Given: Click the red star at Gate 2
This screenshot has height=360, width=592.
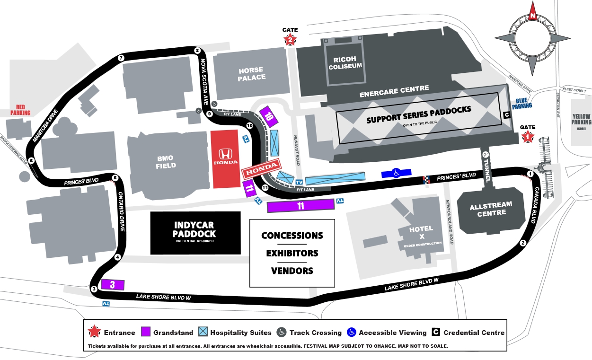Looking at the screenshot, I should click(290, 40).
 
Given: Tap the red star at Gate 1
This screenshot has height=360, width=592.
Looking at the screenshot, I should click(528, 137).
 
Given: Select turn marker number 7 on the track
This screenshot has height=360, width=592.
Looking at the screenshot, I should click(121, 58).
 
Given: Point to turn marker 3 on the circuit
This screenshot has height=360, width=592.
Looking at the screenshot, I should click(94, 289).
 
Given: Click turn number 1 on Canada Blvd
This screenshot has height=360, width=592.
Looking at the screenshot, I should click(530, 174).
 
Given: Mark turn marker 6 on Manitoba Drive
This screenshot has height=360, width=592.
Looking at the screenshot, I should click(31, 160).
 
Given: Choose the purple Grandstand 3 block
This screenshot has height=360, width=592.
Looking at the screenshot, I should click(113, 284).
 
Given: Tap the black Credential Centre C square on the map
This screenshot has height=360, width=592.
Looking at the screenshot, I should click(506, 114).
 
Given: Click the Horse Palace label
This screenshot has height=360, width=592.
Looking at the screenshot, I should click(251, 74).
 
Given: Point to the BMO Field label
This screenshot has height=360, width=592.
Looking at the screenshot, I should click(166, 161).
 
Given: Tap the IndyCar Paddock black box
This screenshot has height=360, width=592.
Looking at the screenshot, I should click(194, 233).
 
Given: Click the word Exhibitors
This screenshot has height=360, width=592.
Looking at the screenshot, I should click(292, 253).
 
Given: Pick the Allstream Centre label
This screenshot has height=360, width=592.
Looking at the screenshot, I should click(491, 209).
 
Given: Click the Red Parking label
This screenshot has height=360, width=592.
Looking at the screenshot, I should click(20, 110).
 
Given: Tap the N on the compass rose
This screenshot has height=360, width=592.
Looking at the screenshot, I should click(533, 16).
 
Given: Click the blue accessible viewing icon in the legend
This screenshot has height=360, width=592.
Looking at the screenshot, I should click(351, 333).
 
